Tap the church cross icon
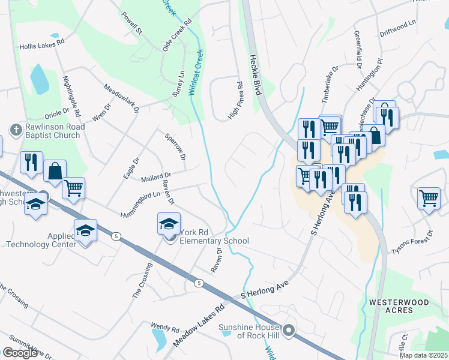click(x=15, y=128)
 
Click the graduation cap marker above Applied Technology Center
click(x=85, y=230)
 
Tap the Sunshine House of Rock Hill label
click(x=250, y=331)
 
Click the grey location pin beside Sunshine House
click(x=289, y=329)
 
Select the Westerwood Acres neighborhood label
click(x=399, y=306)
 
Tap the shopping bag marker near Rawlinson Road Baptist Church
click(x=55, y=171)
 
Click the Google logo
click(x=20, y=353)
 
